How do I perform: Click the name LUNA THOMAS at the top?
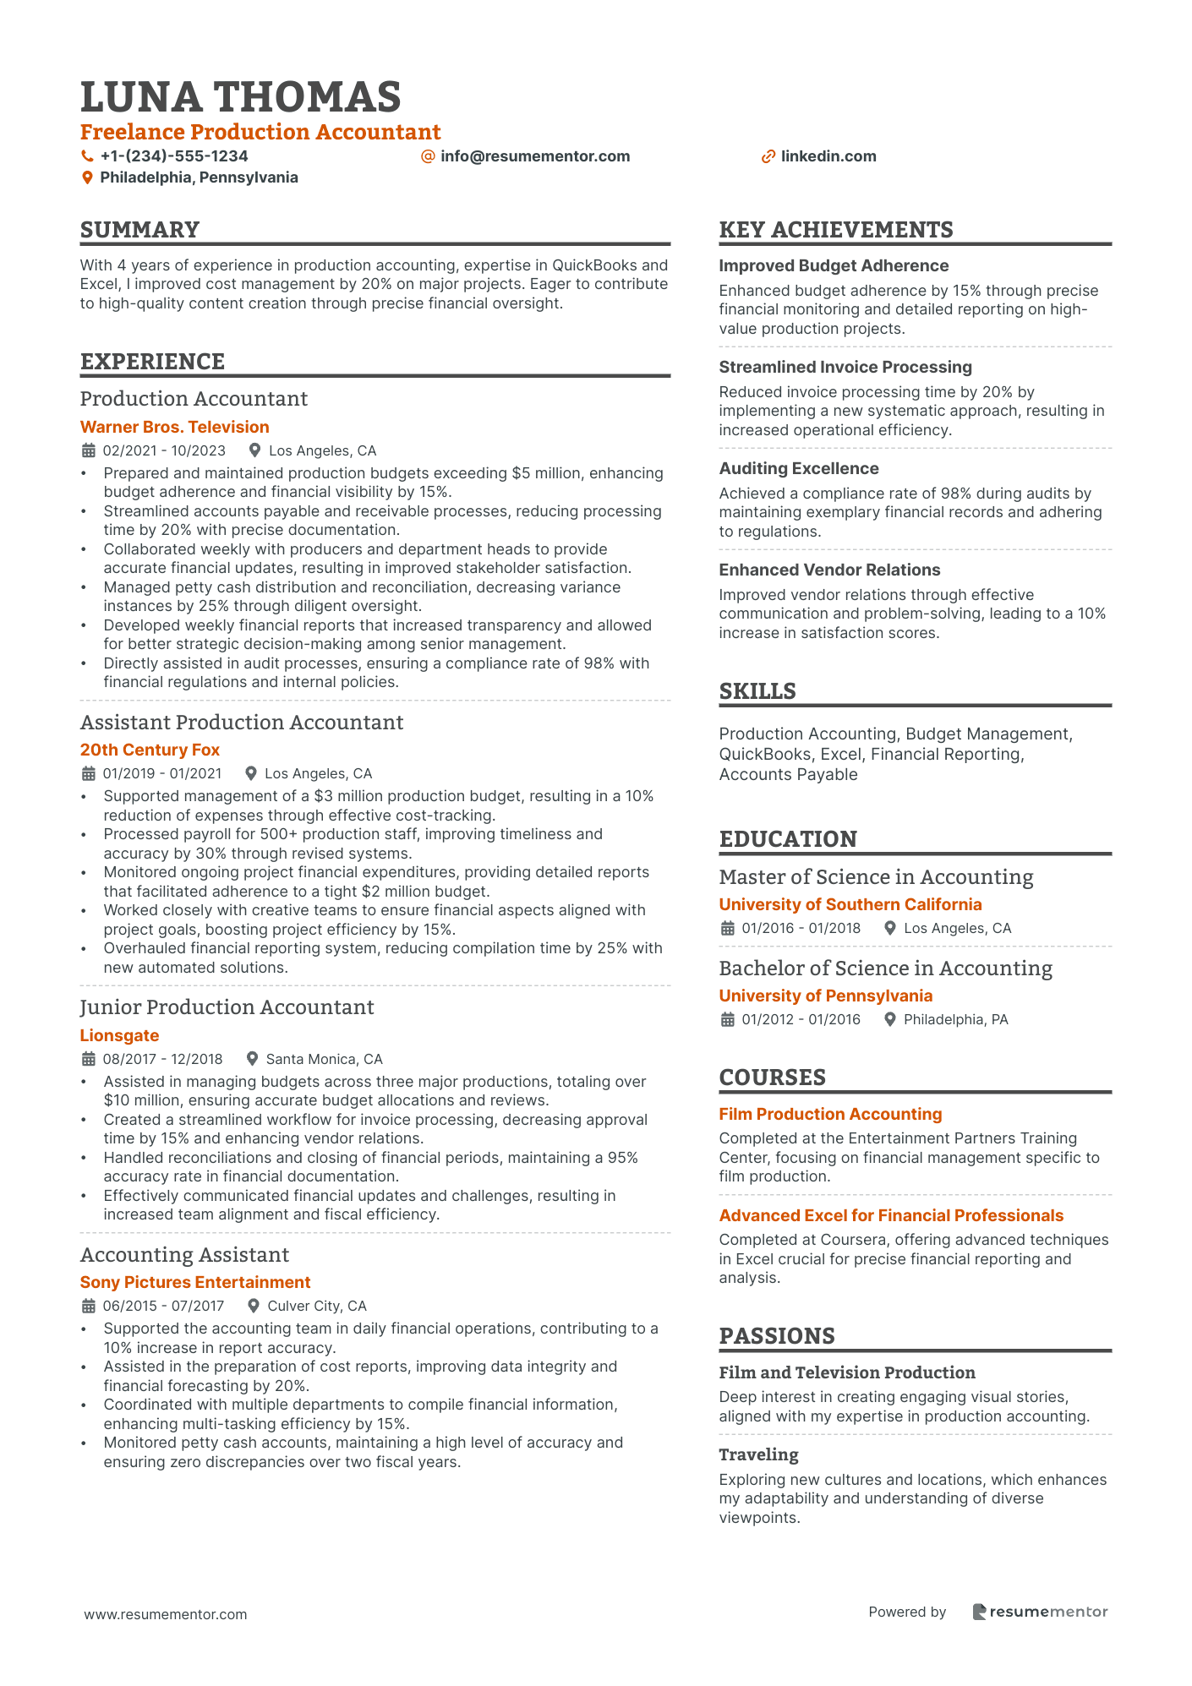tap(241, 97)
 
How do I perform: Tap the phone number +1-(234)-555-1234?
tap(173, 156)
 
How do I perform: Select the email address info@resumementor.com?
tap(534, 156)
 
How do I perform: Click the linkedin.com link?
tap(828, 156)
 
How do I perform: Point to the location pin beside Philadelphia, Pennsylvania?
tap(87, 177)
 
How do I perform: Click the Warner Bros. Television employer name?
tap(174, 427)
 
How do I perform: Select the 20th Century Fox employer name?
tap(150, 750)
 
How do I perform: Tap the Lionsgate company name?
tap(119, 1035)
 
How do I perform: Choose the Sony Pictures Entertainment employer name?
tap(195, 1282)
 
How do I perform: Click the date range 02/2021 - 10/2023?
tap(164, 450)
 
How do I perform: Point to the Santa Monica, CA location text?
tap(324, 1059)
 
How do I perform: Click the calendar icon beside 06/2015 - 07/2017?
tap(88, 1306)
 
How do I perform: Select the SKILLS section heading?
tap(757, 691)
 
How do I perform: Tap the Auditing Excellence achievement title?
tap(799, 468)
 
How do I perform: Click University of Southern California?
tap(850, 904)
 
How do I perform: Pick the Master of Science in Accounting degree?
tap(876, 877)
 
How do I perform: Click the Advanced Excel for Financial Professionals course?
tap(891, 1215)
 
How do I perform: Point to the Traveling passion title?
tap(758, 1454)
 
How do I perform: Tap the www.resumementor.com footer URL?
tap(166, 1614)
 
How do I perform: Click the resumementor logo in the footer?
tap(1040, 1612)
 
